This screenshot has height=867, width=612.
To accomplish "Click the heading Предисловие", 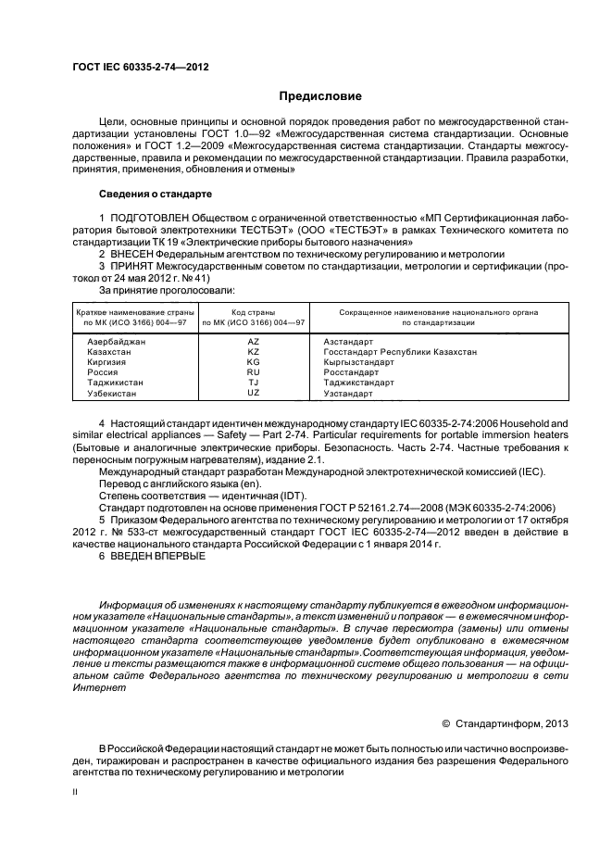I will (x=321, y=96).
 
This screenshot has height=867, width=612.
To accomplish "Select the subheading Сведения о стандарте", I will (x=155, y=195).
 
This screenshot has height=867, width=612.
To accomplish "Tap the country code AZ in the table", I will (x=254, y=342).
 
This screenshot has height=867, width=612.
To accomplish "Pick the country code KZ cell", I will (x=254, y=352).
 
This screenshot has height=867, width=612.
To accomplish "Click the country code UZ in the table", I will (x=254, y=393).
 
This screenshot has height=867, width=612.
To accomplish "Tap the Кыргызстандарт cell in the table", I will (x=358, y=362).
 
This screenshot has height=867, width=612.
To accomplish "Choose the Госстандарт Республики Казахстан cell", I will (x=400, y=352).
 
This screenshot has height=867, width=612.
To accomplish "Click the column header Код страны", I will (x=254, y=312).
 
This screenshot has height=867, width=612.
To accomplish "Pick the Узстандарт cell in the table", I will (x=348, y=393).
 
